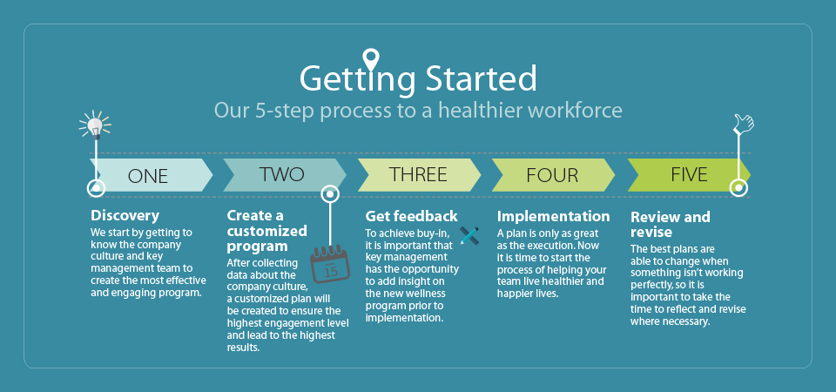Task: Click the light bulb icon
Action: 95,125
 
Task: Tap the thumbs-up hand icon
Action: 744,124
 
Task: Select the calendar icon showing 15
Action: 331,263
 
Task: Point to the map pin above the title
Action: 370,59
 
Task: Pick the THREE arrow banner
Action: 419,175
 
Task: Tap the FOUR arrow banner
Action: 554,175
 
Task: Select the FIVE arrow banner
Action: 689,175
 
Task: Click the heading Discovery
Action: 125,215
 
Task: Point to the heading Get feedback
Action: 411,216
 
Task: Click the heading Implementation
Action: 554,217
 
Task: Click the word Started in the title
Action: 481,78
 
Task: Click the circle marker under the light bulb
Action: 96,188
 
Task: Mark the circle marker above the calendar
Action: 330,194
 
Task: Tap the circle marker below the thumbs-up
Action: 738,187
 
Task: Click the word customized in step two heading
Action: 267,232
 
